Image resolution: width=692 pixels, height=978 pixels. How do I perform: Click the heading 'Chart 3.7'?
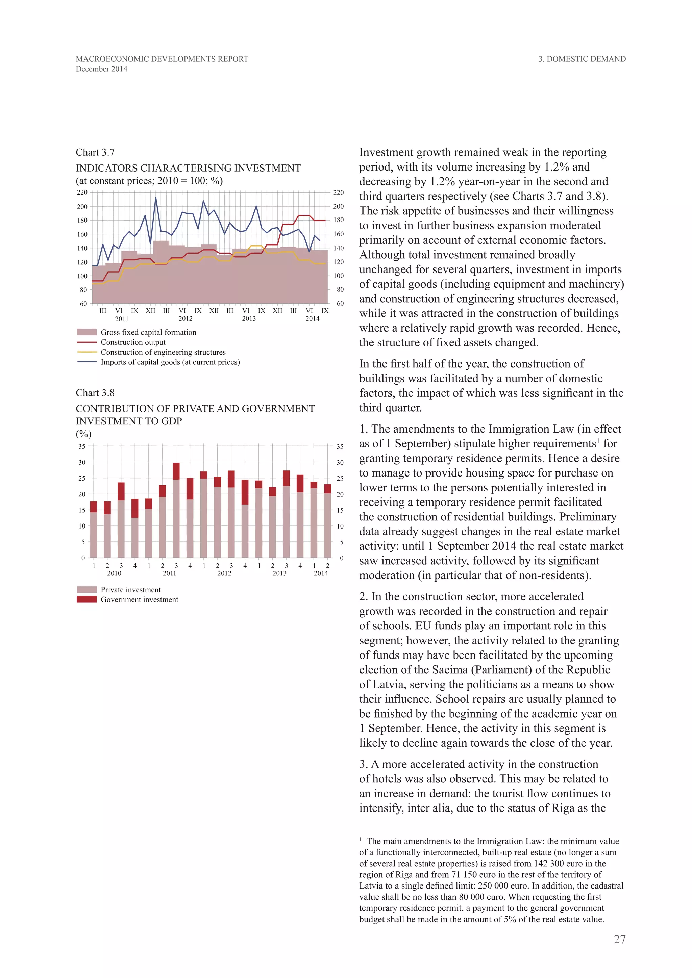click(x=95, y=153)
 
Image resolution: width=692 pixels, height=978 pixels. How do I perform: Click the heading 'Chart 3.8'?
click(x=95, y=393)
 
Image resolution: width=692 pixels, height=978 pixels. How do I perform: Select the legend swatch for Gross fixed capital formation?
click(x=86, y=332)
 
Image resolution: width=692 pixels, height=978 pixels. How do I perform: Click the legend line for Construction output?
click(x=86, y=342)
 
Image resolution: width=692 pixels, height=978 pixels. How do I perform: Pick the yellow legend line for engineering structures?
click(x=86, y=352)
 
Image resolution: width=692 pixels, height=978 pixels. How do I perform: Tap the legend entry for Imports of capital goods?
click(x=170, y=362)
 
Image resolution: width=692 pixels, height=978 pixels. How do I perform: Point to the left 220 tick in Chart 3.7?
click(x=82, y=192)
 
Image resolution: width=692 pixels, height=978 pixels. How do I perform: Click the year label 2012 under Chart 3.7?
click(x=186, y=318)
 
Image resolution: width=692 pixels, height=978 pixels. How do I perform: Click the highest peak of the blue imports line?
click(x=155, y=198)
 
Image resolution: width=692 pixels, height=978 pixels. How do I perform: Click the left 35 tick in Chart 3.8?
click(x=82, y=446)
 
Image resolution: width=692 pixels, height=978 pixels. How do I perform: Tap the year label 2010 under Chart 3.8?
click(x=114, y=573)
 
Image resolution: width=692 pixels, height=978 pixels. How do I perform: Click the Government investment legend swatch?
click(x=86, y=599)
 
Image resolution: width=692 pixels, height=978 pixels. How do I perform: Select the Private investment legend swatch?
click(x=86, y=590)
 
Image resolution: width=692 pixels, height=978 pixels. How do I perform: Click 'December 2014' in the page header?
click(x=101, y=69)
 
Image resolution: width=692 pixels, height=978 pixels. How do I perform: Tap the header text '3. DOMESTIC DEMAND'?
click(x=582, y=59)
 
